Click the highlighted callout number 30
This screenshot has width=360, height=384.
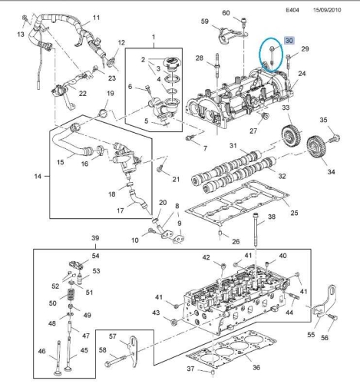click(289, 41)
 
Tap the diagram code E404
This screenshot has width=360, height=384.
click(292, 10)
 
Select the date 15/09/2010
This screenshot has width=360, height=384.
click(327, 10)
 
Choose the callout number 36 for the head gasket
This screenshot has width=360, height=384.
click(256, 367)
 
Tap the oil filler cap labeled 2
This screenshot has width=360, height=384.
click(173, 62)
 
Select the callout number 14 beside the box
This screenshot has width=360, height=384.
click(38, 176)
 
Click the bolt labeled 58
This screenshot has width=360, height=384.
click(115, 362)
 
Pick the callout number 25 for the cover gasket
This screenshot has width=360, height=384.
click(294, 213)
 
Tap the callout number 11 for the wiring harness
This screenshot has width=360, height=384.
click(96, 18)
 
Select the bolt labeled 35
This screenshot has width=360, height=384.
click(334, 138)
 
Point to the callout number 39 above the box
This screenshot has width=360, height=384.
click(95, 238)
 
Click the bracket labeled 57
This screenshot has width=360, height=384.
click(134, 351)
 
